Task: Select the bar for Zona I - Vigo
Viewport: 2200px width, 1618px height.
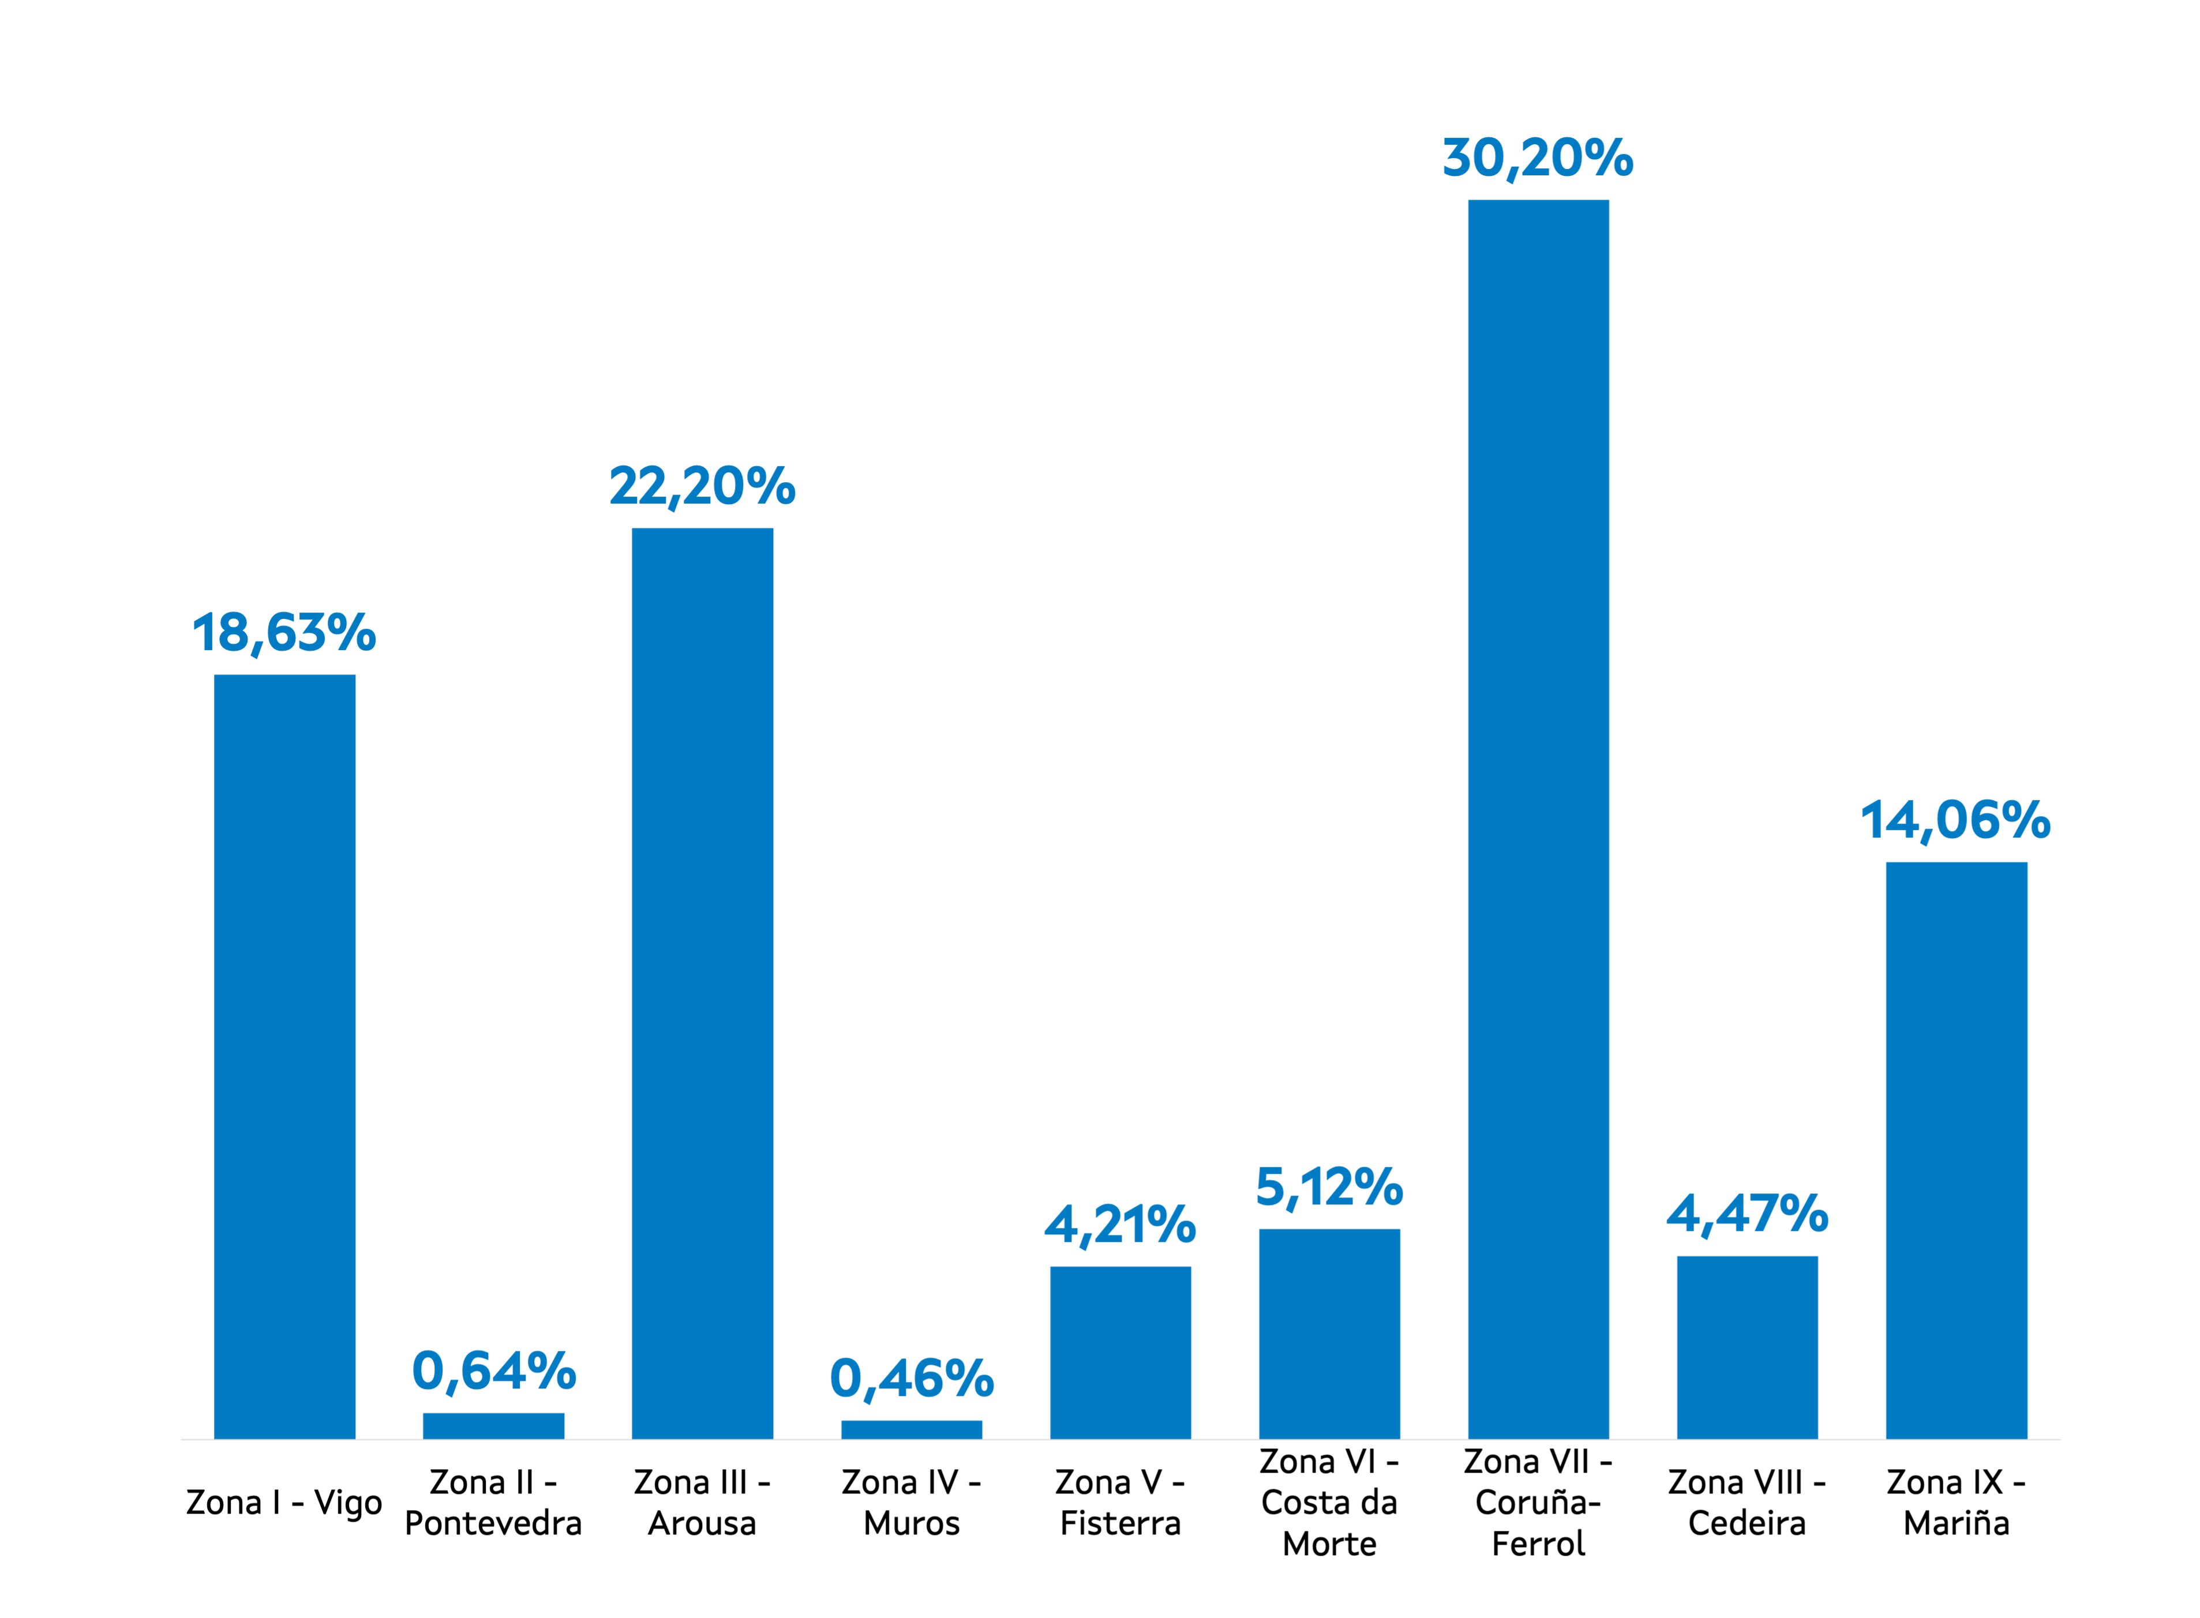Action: click(x=284, y=1056)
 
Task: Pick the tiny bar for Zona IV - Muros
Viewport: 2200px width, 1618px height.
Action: click(x=911, y=1429)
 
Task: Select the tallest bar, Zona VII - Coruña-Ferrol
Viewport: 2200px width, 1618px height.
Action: click(x=1537, y=819)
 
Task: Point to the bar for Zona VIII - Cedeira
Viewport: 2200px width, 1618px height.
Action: click(x=1746, y=1347)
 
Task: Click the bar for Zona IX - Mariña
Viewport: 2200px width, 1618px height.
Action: click(x=1955, y=1150)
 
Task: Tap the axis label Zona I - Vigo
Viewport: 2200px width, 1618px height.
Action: click(x=284, y=1503)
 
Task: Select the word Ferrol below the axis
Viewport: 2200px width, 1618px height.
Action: click(x=1537, y=1545)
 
